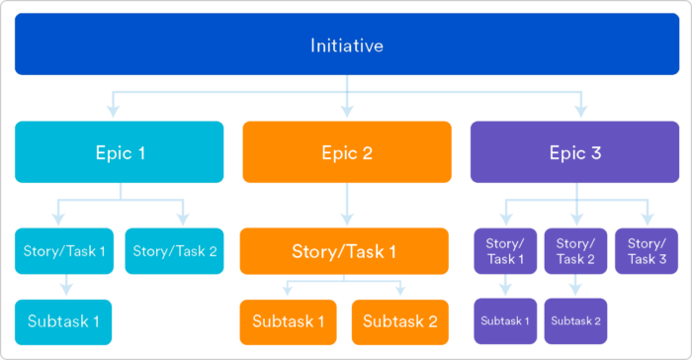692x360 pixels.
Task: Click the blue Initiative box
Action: point(346,45)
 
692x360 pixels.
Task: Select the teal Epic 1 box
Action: point(119,152)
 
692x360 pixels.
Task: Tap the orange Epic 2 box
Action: point(346,152)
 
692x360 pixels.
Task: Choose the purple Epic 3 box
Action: point(574,152)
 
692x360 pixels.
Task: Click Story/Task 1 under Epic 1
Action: point(63,251)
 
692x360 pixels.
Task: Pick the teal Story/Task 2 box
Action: point(174,251)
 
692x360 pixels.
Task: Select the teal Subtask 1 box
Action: point(63,321)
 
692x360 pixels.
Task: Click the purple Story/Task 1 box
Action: point(505,251)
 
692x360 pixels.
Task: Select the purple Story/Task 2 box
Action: point(575,251)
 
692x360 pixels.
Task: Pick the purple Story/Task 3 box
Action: point(647,251)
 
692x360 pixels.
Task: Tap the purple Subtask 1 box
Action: point(505,321)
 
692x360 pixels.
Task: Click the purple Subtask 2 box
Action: point(575,321)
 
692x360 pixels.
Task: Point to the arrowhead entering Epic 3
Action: point(581,113)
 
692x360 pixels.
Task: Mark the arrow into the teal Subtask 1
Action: point(63,287)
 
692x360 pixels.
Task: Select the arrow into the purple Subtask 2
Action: point(575,287)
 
